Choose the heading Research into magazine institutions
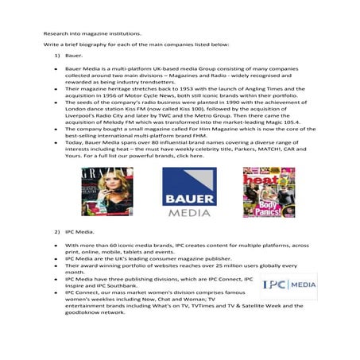click(x=92, y=35)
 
